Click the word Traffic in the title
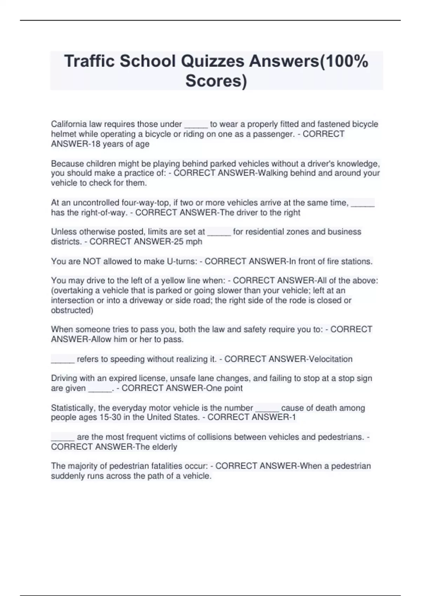pyautogui.click(x=89, y=61)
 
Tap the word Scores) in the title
pyautogui.click(x=216, y=81)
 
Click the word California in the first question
pyautogui.click(x=69, y=124)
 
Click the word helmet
pyautogui.click(x=62, y=134)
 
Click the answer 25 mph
pyautogui.click(x=191, y=242)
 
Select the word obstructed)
pyautogui.click(x=72, y=310)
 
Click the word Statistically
pyautogui.click(x=73, y=408)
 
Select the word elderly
pyautogui.click(x=164, y=447)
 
